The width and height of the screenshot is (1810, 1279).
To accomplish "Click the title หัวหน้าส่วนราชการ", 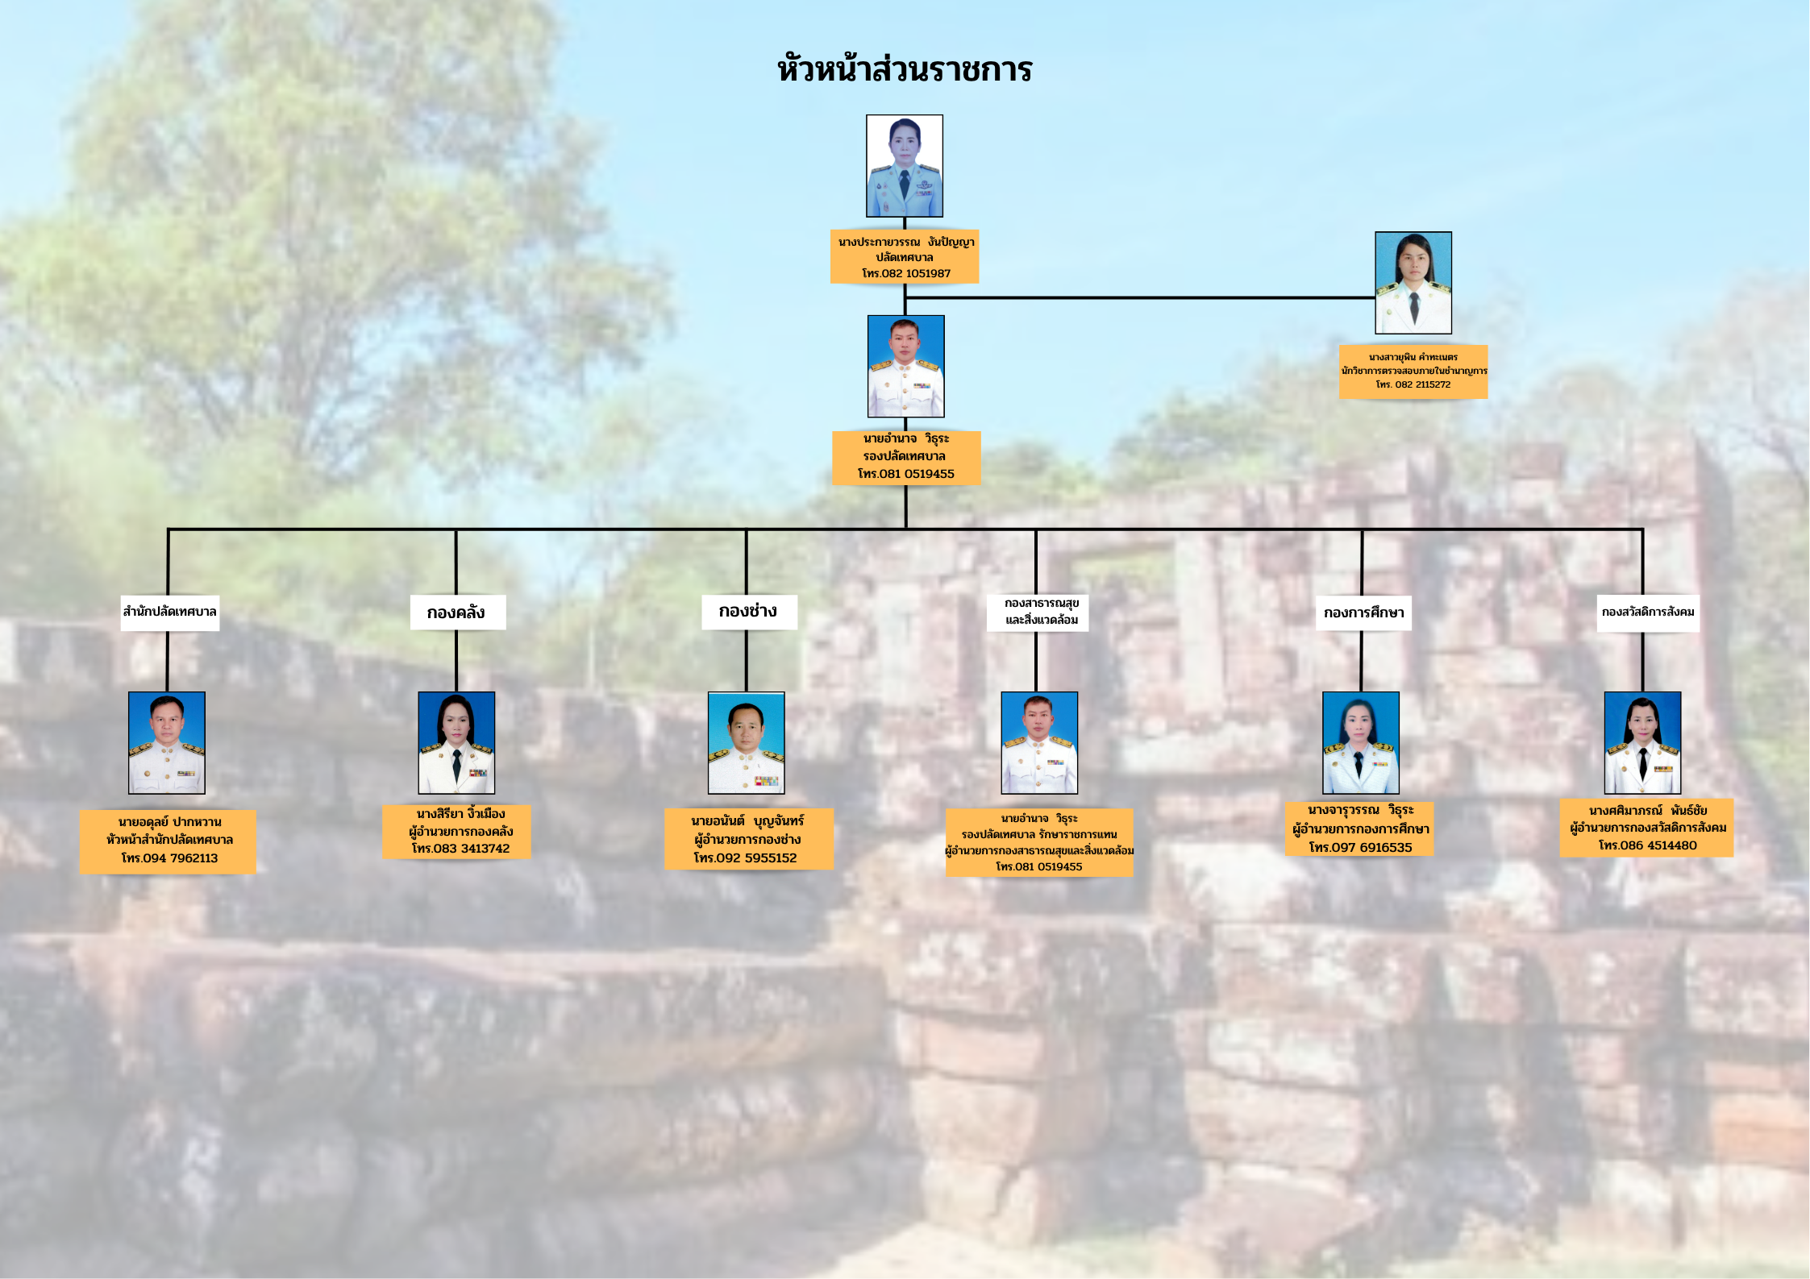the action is coord(905,69).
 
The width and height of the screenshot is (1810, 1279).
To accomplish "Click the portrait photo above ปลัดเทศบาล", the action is coord(905,166).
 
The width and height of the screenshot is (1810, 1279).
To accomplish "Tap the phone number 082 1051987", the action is coord(916,273).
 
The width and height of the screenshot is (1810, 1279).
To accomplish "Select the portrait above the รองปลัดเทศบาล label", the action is coord(905,366).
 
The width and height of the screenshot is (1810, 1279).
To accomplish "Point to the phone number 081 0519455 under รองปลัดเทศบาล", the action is coord(917,474).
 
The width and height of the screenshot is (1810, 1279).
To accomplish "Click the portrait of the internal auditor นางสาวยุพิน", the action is coord(1413,283).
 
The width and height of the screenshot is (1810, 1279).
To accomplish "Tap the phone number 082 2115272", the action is coord(1423,384).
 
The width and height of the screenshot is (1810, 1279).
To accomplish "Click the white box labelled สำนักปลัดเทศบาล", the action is coord(170,612).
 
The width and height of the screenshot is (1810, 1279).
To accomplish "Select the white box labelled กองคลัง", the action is coord(458,613).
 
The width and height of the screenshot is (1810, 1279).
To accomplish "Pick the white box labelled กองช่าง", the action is coord(749,612).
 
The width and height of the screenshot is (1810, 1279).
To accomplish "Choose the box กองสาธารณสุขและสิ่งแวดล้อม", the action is coord(1038,613).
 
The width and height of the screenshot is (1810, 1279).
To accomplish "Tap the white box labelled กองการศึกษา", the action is coord(1363,613).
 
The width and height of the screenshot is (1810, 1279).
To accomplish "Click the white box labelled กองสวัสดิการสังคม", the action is coord(1648,613).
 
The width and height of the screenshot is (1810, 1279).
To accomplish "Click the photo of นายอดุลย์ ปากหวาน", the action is coord(167,743).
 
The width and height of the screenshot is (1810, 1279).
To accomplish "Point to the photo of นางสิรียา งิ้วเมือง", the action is coord(456,743).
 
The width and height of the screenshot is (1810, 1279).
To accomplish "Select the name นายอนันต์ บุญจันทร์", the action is coord(747,820).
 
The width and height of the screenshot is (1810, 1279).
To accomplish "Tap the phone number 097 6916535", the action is coord(1371,848).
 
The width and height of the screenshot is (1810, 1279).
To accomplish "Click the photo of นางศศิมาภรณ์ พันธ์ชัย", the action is coord(1642,743).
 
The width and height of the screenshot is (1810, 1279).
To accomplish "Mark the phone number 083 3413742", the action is coord(472,849).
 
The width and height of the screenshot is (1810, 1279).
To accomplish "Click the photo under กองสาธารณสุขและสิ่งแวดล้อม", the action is coord(1039,743).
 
